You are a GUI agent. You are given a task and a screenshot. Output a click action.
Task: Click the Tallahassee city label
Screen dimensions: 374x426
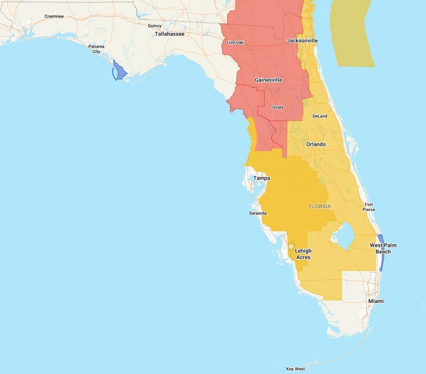[x=169, y=34]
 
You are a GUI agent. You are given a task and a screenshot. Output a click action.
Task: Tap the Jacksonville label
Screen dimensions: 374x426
[x=302, y=41]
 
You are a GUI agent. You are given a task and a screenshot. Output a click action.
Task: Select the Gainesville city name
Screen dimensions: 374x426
[x=268, y=80]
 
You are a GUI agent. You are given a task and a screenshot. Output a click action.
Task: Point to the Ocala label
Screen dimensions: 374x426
[x=277, y=107]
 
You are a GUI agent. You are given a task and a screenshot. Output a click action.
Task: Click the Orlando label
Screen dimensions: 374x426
[x=316, y=144]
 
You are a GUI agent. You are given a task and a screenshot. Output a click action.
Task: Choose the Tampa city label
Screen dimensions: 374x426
[x=262, y=178]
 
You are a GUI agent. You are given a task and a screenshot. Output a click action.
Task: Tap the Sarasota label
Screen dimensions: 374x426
[x=258, y=213]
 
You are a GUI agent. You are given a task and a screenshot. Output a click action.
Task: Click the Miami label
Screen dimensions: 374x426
[x=376, y=301]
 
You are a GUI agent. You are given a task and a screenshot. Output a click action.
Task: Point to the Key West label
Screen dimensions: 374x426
[x=295, y=369]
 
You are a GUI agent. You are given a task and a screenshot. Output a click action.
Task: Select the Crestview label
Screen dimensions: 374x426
[x=54, y=17]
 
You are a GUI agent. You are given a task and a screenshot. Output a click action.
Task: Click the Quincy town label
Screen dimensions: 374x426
[x=154, y=26]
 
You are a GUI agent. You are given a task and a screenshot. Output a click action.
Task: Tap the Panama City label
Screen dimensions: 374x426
[x=96, y=49]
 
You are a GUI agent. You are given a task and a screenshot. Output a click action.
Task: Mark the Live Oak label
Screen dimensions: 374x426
[x=235, y=42]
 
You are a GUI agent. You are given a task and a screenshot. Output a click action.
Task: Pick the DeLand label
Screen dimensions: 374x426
[x=319, y=116]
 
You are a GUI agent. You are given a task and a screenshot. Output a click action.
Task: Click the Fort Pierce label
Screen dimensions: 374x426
[x=369, y=207]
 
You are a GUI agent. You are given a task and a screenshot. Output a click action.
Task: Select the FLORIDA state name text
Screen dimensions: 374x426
[x=320, y=206]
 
